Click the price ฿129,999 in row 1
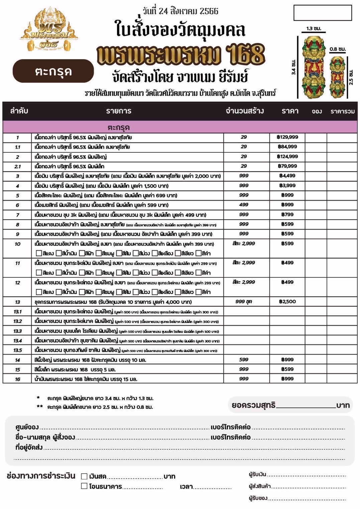point(287,137)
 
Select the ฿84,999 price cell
point(287,147)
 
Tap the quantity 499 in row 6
point(244,205)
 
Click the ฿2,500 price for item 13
point(287,301)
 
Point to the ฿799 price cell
point(287,214)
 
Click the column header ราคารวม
point(342,111)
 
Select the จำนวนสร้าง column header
point(245,111)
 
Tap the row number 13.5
point(17,350)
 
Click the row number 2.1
point(17,166)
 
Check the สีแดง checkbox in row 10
point(39,253)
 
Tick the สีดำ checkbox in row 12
point(199,292)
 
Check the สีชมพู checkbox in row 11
point(99,273)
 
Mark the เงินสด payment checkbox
point(84,476)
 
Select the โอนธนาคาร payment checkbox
point(84,486)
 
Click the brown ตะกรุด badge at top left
point(53,71)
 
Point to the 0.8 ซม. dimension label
point(337,49)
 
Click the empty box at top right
point(323,13)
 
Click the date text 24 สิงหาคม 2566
point(180,11)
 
